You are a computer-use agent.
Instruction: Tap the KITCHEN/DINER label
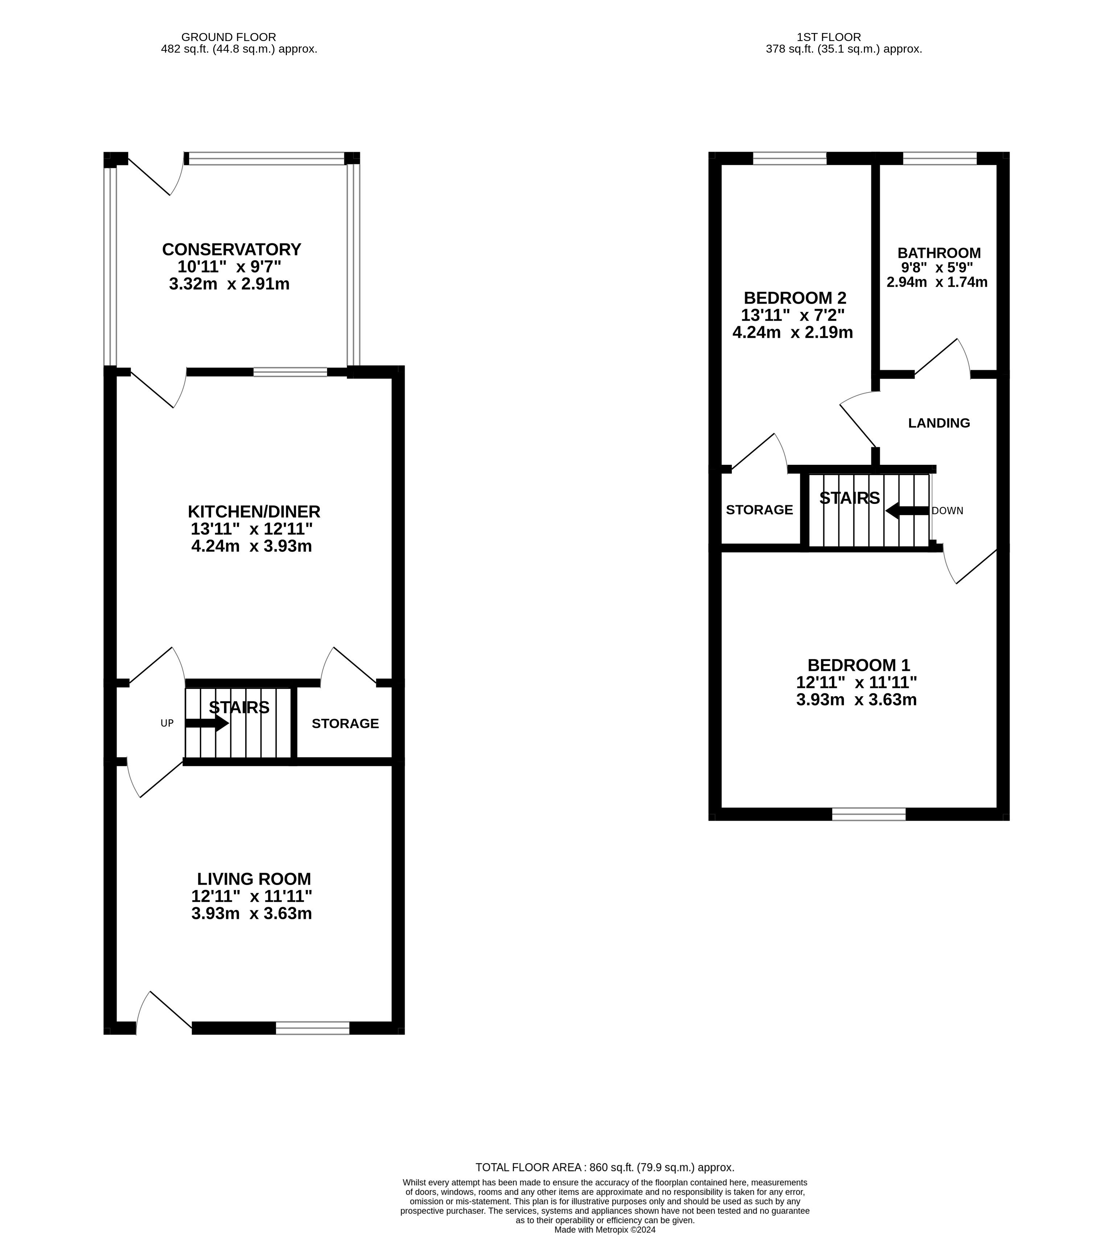point(254,511)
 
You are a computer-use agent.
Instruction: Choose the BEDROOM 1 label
point(859,665)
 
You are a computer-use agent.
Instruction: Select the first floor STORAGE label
point(759,509)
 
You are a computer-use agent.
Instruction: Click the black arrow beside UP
point(207,723)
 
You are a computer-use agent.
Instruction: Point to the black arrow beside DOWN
point(907,510)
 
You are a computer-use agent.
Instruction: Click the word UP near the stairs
point(167,723)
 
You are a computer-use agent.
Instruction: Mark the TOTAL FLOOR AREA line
point(605,1167)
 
